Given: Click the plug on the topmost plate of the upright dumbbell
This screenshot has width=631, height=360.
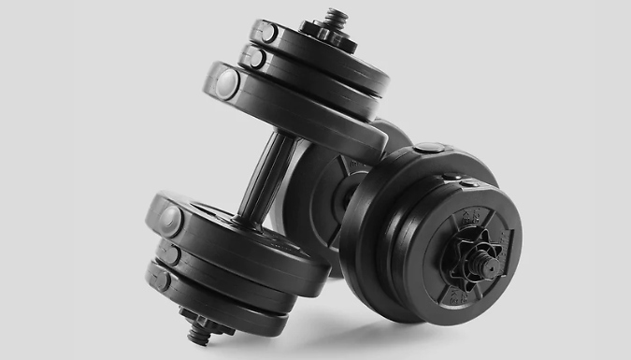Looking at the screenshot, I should pyautogui.click(x=266, y=33).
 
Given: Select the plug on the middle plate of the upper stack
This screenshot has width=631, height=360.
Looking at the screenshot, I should pyautogui.click(x=252, y=57).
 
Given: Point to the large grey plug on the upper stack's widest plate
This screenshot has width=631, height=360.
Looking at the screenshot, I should pyautogui.click(x=227, y=83).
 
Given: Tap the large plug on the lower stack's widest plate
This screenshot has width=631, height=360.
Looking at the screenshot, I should pyautogui.click(x=170, y=221).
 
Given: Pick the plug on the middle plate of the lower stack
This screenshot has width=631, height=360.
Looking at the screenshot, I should pyautogui.click(x=169, y=252).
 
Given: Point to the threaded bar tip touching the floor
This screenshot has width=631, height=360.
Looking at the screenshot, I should pyautogui.click(x=199, y=333).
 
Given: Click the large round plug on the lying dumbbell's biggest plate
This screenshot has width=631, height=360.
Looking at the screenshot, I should pyautogui.click(x=430, y=147).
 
